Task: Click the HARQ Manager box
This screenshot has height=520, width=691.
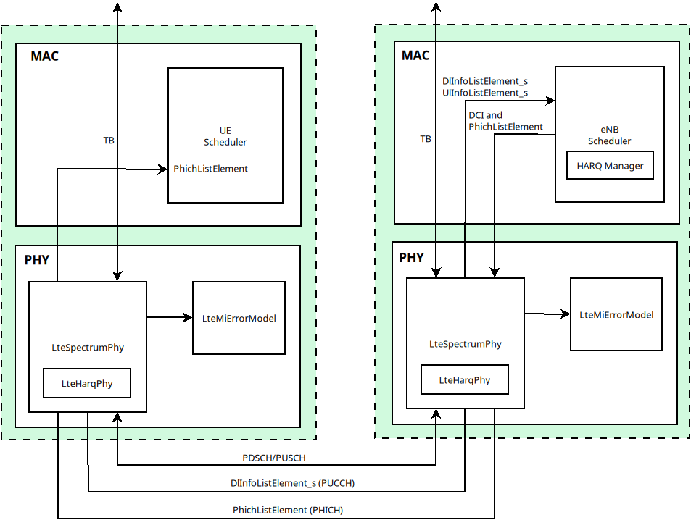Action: (x=610, y=166)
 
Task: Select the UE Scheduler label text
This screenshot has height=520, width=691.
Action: (x=225, y=136)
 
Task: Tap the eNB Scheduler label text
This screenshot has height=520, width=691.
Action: (x=609, y=135)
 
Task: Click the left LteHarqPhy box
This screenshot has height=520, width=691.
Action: (x=87, y=384)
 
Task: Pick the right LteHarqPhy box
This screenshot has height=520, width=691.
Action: (x=465, y=379)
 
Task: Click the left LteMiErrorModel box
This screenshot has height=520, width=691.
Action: (x=239, y=318)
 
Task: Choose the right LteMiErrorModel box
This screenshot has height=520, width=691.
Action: (x=616, y=314)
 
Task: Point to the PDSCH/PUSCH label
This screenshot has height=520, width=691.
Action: (x=273, y=458)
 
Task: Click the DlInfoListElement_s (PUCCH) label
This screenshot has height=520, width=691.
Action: (x=292, y=483)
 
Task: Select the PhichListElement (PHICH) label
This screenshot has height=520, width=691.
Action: (x=288, y=510)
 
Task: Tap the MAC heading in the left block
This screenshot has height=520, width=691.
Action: (x=44, y=56)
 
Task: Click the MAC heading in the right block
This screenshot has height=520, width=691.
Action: (x=415, y=56)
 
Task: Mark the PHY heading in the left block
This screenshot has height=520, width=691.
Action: (x=37, y=259)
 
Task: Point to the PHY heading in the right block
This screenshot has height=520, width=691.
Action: (x=412, y=257)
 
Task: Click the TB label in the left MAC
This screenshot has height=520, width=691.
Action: (x=109, y=140)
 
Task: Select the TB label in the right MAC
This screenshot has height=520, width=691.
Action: (x=426, y=138)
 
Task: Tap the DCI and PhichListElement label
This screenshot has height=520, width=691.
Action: (x=505, y=121)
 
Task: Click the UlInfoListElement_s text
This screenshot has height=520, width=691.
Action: (x=484, y=93)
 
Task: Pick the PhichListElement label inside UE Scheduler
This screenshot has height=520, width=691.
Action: (x=210, y=169)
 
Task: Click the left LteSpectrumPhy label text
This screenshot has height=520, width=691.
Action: (x=88, y=348)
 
